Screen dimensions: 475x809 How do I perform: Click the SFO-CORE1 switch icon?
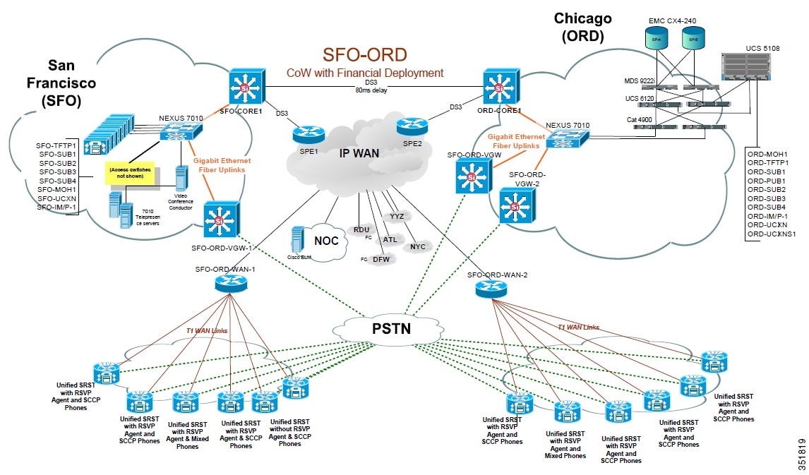pyautogui.click(x=245, y=88)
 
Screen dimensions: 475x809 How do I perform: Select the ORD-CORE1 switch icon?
pyautogui.click(x=500, y=88)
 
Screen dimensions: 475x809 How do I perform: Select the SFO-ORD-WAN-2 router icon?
pyautogui.click(x=491, y=287)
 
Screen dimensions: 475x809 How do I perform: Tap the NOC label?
pyautogui.click(x=326, y=241)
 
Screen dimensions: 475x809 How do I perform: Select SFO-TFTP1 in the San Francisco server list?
pyautogui.click(x=57, y=145)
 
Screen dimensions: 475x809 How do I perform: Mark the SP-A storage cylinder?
pyautogui.click(x=657, y=39)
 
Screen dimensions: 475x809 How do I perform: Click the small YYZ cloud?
pyautogui.click(x=397, y=216)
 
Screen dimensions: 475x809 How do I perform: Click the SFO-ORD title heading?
pyautogui.click(x=364, y=55)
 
